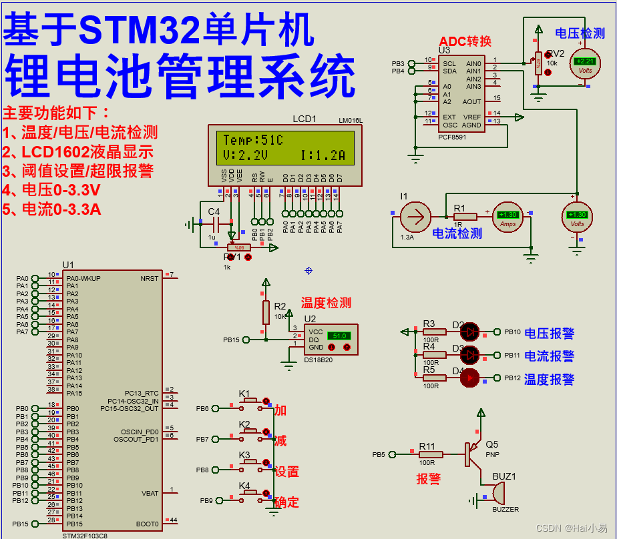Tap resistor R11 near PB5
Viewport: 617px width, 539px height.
point(431,454)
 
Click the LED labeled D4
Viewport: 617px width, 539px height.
point(469,378)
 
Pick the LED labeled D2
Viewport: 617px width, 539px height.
point(469,331)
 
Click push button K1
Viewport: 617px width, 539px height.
point(250,401)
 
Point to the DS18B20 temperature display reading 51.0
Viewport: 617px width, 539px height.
point(339,336)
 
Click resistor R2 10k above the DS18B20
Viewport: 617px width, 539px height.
point(266,312)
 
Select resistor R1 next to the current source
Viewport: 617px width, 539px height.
point(465,216)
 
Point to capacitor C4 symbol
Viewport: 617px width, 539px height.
point(214,225)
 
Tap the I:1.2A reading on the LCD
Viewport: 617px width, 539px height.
point(323,156)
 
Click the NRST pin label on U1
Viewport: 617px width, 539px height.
point(149,278)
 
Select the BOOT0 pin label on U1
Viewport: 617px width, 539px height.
point(147,524)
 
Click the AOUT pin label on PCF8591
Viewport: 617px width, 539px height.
point(471,101)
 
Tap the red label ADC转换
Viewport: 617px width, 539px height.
point(465,41)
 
